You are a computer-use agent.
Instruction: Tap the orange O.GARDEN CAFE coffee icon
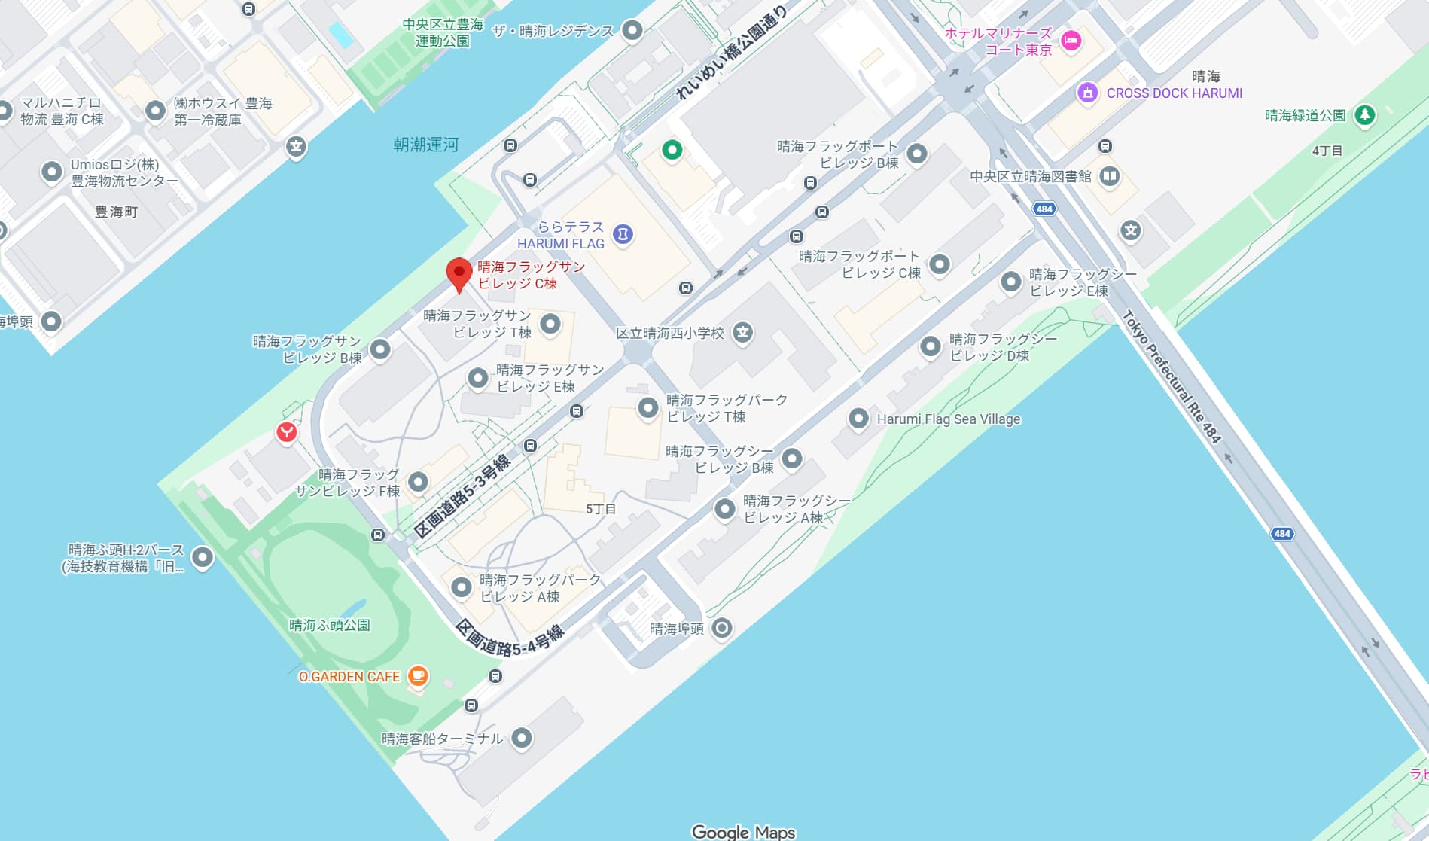(x=418, y=676)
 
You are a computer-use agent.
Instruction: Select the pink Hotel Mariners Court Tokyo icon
(x=1071, y=41)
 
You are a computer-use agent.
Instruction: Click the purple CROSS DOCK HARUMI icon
(x=1087, y=93)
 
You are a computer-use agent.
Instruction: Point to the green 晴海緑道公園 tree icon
(x=1364, y=115)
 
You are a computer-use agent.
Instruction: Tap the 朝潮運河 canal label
(x=425, y=145)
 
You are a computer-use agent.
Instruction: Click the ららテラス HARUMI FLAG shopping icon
(x=623, y=234)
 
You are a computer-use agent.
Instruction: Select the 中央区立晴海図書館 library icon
(x=1109, y=176)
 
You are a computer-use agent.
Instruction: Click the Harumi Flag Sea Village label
(x=948, y=419)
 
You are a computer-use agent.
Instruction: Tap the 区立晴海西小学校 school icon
(x=742, y=332)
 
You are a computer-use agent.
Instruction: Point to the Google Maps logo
(x=743, y=831)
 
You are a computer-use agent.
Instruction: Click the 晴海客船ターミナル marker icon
(x=521, y=738)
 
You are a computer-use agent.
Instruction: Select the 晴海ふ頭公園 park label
(x=329, y=625)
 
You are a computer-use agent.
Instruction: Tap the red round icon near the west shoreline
(x=286, y=432)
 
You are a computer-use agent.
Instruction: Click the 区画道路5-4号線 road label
(x=510, y=639)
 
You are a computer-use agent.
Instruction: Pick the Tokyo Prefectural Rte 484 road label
(x=1171, y=376)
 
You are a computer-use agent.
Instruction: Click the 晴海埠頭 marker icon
(x=721, y=628)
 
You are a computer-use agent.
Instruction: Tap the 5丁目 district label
(x=600, y=509)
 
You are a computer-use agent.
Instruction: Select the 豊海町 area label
(x=116, y=212)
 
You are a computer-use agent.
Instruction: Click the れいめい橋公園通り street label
(x=730, y=53)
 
